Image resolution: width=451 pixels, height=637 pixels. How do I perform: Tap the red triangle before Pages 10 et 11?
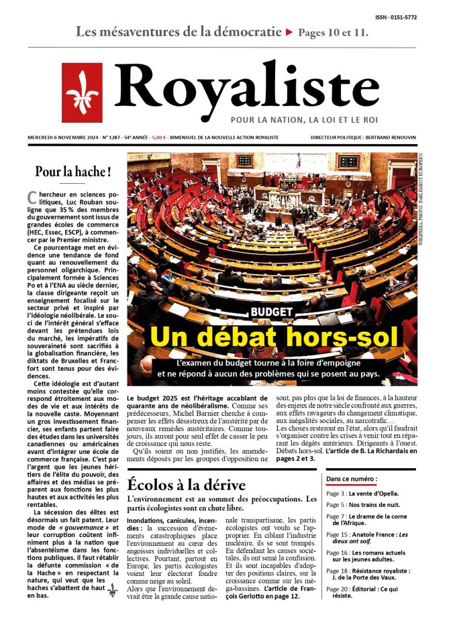[x=289, y=32]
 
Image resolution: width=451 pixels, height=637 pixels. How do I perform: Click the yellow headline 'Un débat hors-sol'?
[x=273, y=337]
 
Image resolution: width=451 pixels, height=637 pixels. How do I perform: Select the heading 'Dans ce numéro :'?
[x=351, y=479]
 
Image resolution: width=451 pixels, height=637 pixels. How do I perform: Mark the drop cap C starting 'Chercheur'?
[x=31, y=197]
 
